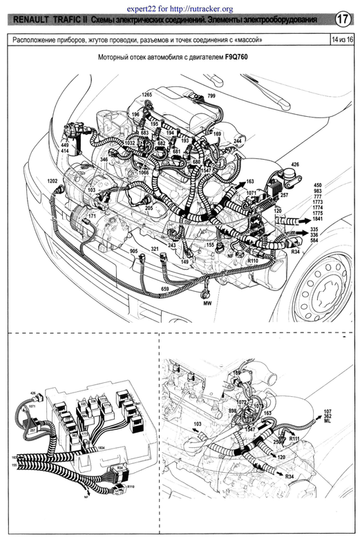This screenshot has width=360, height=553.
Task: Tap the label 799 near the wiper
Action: coord(211,95)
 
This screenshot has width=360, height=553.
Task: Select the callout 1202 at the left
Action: coord(53,181)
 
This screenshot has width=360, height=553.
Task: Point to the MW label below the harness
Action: coord(206,303)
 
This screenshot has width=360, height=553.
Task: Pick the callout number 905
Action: coord(133,251)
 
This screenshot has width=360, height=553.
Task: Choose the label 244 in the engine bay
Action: coord(237,141)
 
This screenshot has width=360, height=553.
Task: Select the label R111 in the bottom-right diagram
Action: coord(294,439)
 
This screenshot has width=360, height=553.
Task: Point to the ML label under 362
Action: coord(328,424)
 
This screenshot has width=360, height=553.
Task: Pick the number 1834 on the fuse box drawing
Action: coord(101,449)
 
